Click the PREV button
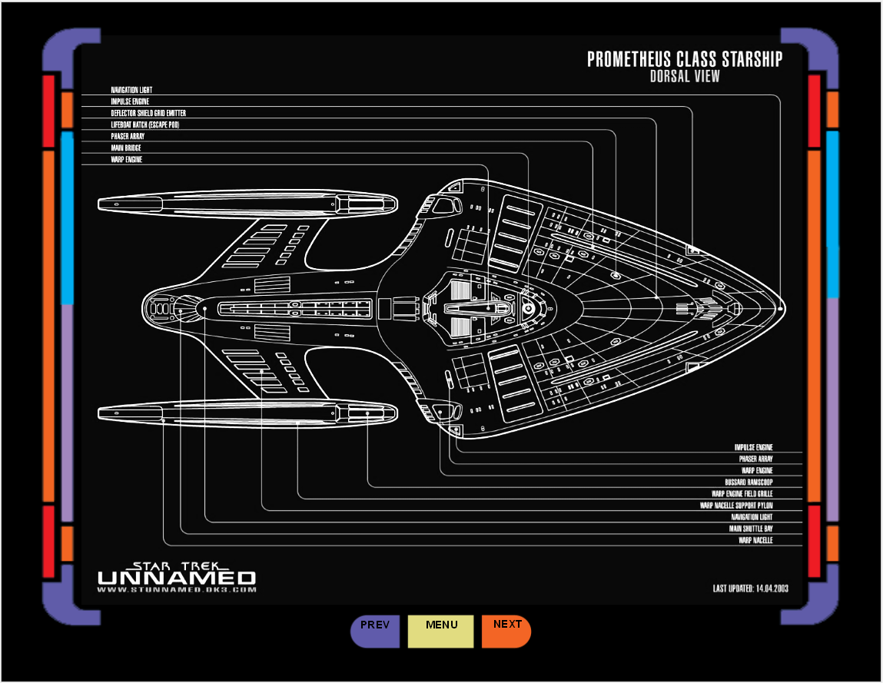click(x=375, y=631)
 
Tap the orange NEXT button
click(x=506, y=631)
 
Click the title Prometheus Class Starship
click(x=685, y=59)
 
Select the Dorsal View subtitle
click(x=685, y=76)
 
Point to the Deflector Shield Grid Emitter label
click(x=148, y=113)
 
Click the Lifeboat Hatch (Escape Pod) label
click(x=145, y=124)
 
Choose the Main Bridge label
click(x=126, y=148)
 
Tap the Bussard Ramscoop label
click(x=749, y=482)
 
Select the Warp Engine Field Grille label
click(x=742, y=494)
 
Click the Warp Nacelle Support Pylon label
click(x=736, y=506)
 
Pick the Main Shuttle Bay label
click(x=751, y=529)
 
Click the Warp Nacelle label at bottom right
click(x=755, y=540)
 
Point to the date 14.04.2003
click(x=772, y=589)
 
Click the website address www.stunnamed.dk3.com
click(x=177, y=590)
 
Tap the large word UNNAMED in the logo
click(x=177, y=577)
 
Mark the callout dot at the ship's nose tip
click(x=780, y=308)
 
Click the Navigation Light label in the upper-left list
click(x=131, y=90)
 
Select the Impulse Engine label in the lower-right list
click(x=753, y=447)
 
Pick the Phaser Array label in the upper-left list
click(x=128, y=136)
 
